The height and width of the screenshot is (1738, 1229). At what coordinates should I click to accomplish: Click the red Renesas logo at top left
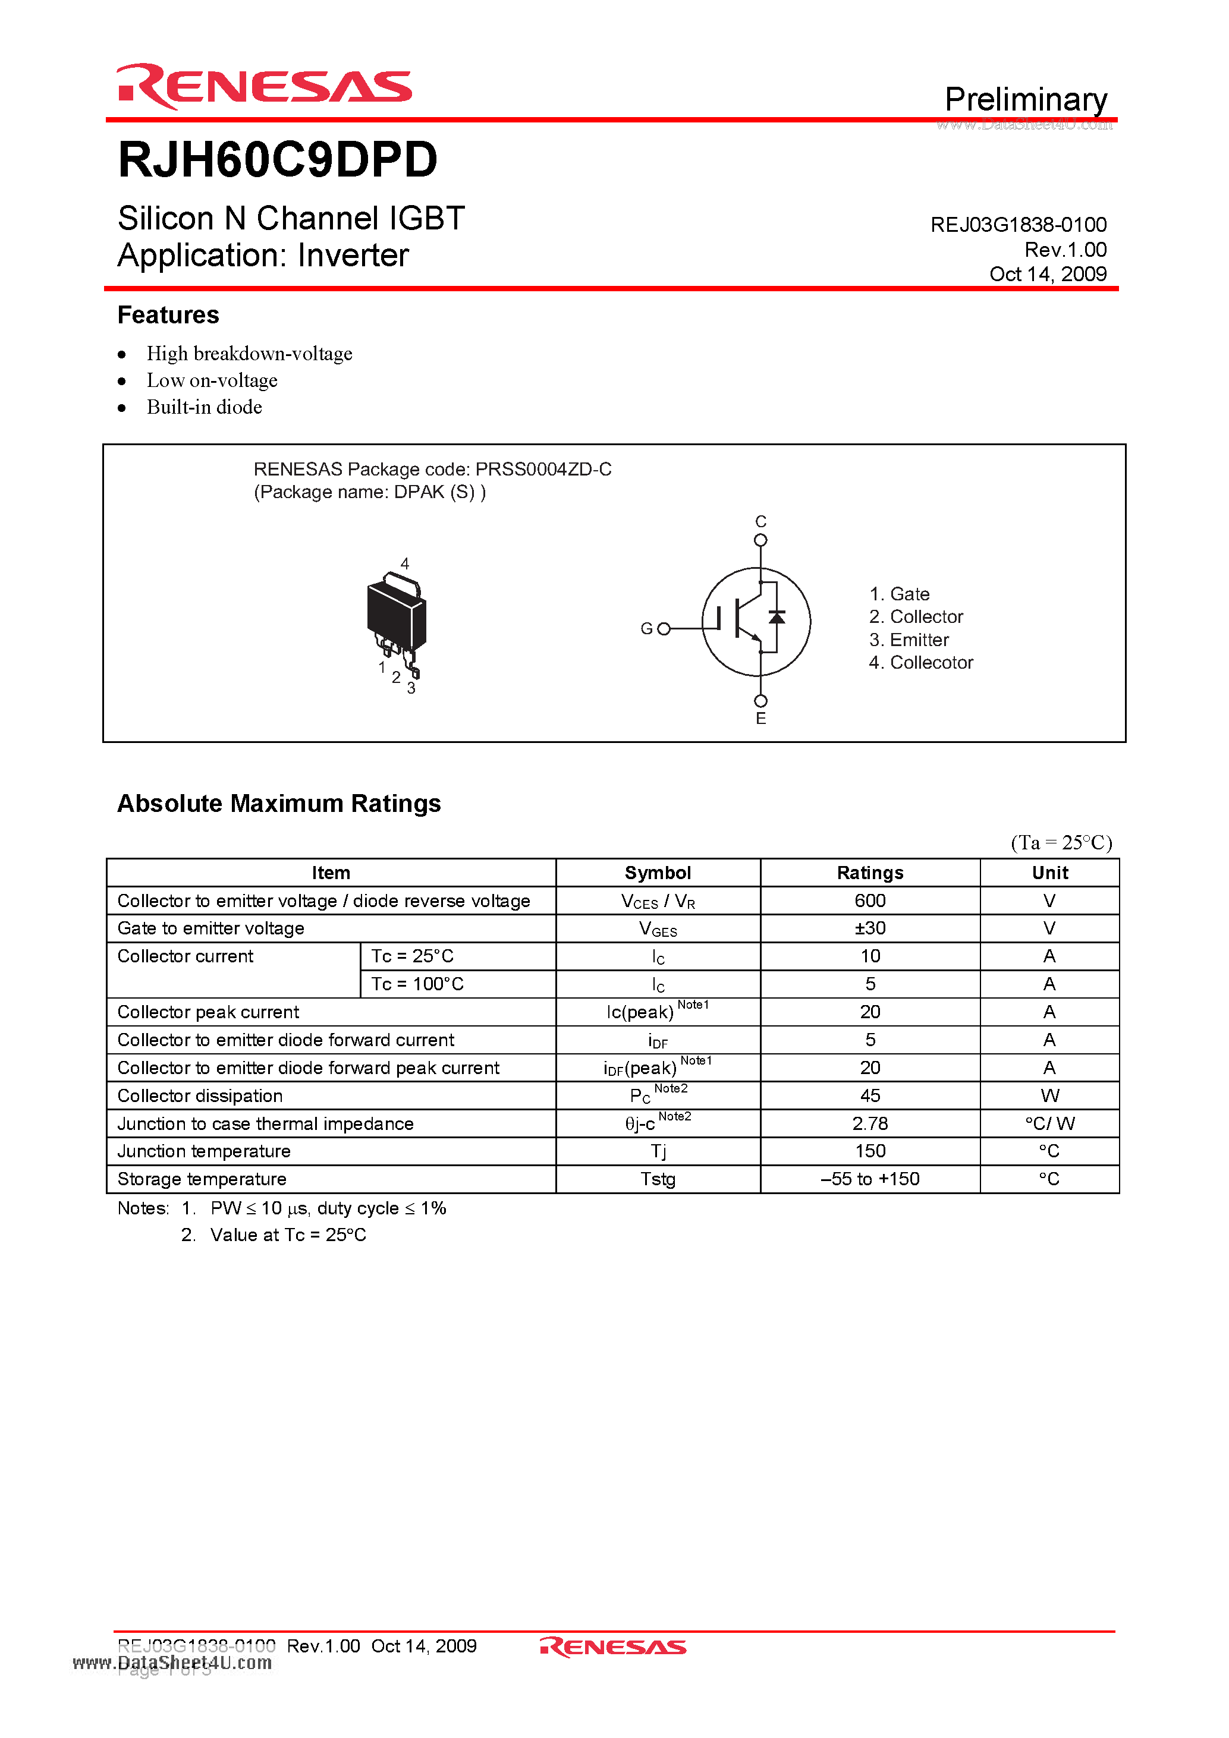(263, 86)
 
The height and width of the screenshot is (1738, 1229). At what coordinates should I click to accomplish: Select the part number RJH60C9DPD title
(278, 160)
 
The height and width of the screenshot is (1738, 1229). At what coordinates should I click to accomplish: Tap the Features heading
(168, 315)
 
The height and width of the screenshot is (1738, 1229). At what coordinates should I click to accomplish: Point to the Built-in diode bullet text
(205, 407)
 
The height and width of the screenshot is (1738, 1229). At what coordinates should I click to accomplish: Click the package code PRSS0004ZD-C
(543, 470)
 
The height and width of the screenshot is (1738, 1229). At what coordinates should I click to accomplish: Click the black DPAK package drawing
(395, 617)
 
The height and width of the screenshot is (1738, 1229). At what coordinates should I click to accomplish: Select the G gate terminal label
(646, 628)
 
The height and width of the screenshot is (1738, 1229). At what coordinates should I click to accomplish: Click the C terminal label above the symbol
(761, 521)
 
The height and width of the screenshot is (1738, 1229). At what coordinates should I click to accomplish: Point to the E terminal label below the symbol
(761, 719)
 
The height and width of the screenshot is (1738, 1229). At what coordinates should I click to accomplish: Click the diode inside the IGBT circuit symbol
(776, 617)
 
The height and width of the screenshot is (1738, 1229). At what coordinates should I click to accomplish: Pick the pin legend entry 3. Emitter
(909, 640)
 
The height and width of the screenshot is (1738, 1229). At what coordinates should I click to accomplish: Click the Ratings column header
(870, 873)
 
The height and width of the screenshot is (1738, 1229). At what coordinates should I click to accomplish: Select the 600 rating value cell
(870, 901)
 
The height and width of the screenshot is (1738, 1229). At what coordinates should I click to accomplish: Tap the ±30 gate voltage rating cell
(870, 928)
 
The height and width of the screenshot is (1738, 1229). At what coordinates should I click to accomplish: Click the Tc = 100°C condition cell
(417, 984)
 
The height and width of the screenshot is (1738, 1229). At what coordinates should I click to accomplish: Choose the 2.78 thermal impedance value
(870, 1123)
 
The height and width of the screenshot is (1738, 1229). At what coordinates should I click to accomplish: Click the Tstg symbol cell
(658, 1179)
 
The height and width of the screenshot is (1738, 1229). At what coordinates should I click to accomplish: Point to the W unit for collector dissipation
(1049, 1095)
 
